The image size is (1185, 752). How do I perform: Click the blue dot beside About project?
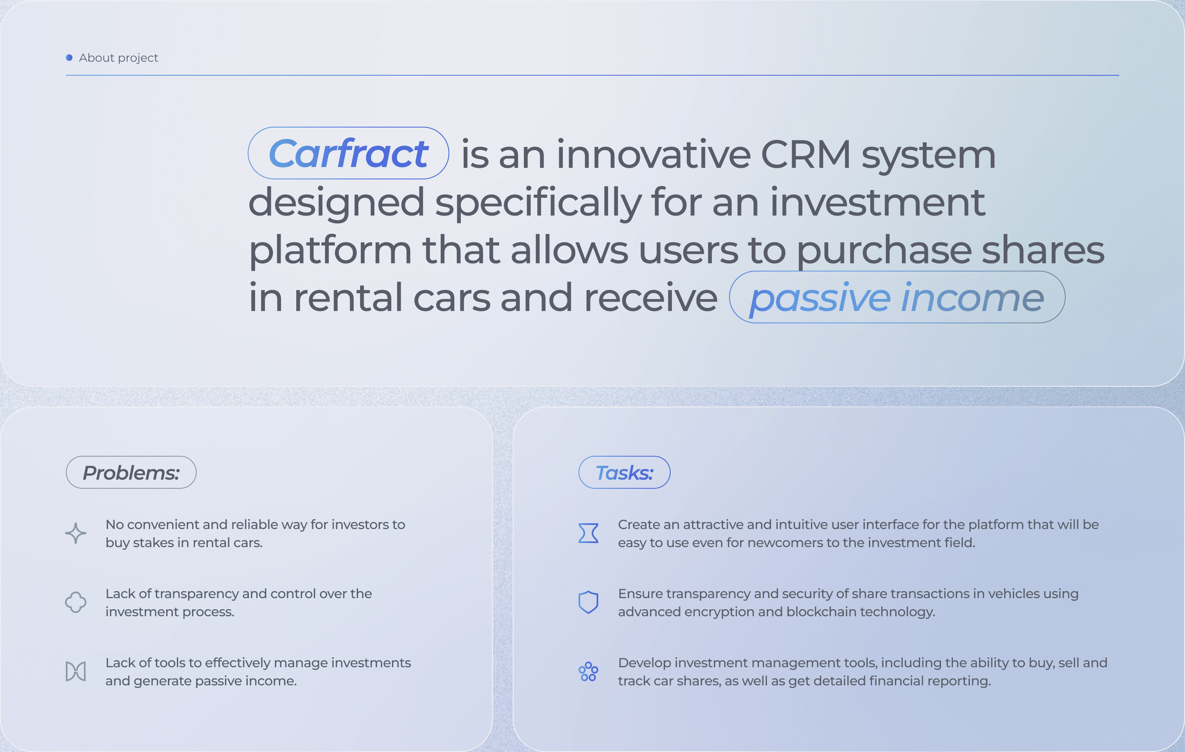tap(70, 58)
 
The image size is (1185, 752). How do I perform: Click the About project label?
tap(118, 58)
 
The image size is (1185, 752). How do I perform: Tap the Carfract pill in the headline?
tap(349, 153)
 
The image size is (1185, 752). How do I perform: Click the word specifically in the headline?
tap(538, 203)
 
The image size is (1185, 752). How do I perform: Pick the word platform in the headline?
tap(330, 251)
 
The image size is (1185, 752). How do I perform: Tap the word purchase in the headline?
tap(884, 251)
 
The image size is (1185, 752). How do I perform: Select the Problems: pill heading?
tap(131, 472)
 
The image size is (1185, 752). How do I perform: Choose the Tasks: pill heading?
tap(625, 472)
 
